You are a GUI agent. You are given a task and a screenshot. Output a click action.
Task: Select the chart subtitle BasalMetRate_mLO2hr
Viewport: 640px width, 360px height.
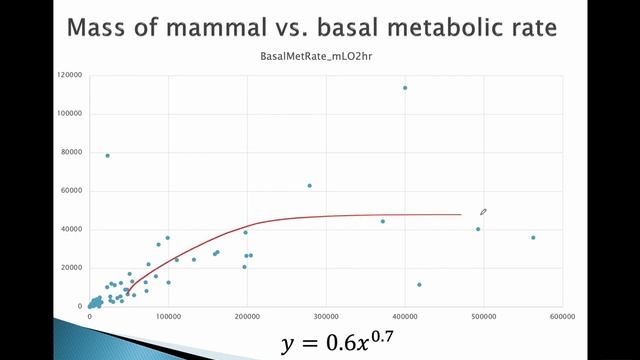(x=319, y=58)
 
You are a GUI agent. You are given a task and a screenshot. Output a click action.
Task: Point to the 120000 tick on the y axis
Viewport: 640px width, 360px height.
(x=70, y=75)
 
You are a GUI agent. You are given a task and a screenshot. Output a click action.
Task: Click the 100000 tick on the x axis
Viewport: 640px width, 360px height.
(x=168, y=316)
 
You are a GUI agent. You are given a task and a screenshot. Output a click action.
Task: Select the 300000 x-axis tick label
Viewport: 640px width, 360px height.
(x=326, y=316)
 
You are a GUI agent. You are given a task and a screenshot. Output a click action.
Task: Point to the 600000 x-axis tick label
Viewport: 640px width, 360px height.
(x=562, y=316)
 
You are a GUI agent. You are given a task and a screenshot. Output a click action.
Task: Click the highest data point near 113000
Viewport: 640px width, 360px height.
(x=405, y=88)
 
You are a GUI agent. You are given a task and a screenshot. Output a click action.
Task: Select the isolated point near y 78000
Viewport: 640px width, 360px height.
(x=107, y=155)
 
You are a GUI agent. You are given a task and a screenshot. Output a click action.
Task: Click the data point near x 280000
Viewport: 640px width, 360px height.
(x=309, y=185)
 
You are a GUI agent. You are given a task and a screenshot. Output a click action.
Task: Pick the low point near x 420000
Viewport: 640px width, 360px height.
(x=419, y=285)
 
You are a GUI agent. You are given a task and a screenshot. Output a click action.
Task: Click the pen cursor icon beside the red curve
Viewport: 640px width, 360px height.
(x=483, y=212)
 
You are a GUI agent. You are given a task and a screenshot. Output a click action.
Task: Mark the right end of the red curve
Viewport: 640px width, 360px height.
(x=460, y=214)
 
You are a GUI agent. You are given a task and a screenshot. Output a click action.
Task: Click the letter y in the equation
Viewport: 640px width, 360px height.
(x=289, y=345)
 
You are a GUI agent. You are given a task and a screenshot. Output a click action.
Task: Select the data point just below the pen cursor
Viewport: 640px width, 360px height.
(x=478, y=229)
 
